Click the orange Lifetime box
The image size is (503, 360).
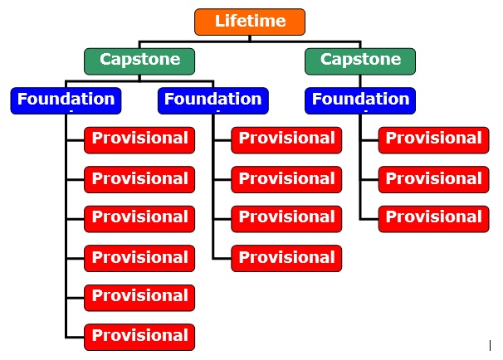[250, 22]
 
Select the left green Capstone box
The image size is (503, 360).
[139, 61]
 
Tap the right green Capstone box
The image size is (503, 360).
[360, 61]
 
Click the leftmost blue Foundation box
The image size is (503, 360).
[66, 100]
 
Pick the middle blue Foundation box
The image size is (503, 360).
[213, 100]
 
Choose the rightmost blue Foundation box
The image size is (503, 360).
[360, 100]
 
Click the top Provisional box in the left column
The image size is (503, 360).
[139, 140]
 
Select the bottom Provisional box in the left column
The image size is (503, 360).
[139, 338]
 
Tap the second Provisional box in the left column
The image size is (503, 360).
[139, 179]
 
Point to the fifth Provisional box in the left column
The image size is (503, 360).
[139, 298]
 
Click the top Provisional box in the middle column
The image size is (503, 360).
[286, 140]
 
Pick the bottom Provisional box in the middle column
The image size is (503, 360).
[286, 258]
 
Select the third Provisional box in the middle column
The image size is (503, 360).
[286, 219]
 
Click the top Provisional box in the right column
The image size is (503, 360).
[434, 140]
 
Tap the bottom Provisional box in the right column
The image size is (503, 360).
[434, 219]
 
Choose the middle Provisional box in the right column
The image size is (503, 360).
[434, 179]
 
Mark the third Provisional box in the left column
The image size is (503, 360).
[139, 219]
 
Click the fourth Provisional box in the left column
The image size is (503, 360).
[139, 258]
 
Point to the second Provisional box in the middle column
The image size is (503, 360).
[286, 179]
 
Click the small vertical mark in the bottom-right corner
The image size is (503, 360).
[490, 346]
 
